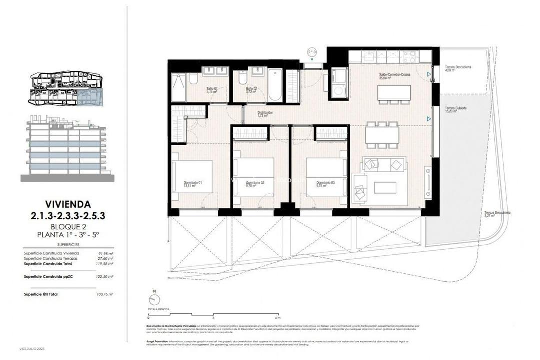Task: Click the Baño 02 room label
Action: pos(251,90)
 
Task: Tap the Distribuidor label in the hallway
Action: pos(265,114)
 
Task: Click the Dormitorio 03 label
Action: pos(325,184)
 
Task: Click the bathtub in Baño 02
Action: pos(275,84)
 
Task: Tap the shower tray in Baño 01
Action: pos(178,86)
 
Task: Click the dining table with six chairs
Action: pos(382,135)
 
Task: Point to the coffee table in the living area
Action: pos(385,187)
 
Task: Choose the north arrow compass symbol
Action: pos(155,299)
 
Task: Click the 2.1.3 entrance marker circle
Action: pos(312,52)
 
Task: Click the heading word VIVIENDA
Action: pos(68,204)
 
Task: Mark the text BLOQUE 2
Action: pos(68,226)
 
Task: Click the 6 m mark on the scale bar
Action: pos(278,317)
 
